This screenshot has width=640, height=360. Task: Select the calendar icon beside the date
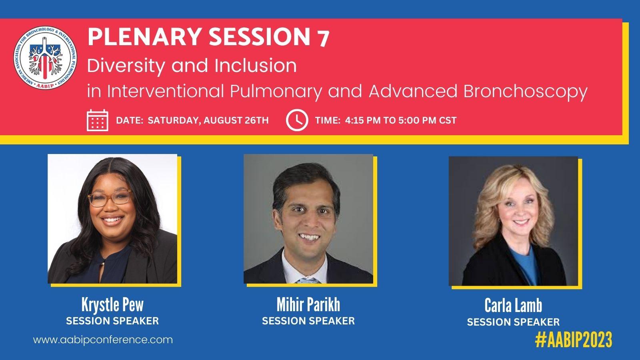(98, 120)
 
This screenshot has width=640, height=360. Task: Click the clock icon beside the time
(297, 120)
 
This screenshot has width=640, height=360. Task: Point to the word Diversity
(126, 66)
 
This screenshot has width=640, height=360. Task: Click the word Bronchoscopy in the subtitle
(525, 92)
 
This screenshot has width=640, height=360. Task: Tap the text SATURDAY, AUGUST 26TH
(208, 120)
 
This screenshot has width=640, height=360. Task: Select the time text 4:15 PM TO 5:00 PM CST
(401, 120)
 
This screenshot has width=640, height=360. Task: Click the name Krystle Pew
(112, 305)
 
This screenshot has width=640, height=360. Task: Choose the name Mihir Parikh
(308, 304)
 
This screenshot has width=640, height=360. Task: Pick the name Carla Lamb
(513, 306)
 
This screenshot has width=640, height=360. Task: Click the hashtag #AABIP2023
(574, 340)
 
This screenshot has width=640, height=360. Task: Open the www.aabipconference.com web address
(103, 340)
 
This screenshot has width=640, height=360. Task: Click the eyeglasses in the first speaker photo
(110, 198)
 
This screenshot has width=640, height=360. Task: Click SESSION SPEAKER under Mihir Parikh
(308, 321)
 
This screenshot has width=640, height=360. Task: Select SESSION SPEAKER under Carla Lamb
(513, 322)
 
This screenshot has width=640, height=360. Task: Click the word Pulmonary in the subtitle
(276, 92)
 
